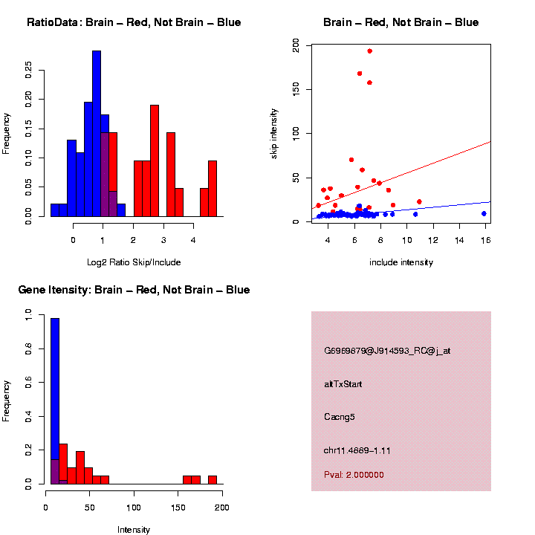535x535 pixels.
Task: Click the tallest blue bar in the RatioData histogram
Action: pos(97,134)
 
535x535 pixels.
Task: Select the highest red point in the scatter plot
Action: pos(369,51)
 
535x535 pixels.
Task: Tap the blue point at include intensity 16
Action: pos(484,213)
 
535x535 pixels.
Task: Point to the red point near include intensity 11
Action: pos(419,201)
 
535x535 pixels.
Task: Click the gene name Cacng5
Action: pos(340,417)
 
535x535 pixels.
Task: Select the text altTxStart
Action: pos(343,384)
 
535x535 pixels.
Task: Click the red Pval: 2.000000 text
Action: pos(354,475)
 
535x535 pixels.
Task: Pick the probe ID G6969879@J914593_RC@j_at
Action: pos(387,351)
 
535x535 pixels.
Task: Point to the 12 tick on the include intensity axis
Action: pos(432,240)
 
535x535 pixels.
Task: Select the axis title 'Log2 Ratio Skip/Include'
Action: pos(133,262)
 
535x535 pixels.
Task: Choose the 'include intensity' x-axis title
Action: pos(401,262)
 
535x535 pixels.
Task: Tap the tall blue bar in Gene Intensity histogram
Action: pos(55,401)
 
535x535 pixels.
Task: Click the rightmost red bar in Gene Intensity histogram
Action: pos(213,480)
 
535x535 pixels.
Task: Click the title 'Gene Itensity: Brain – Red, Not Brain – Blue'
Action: pos(134,289)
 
